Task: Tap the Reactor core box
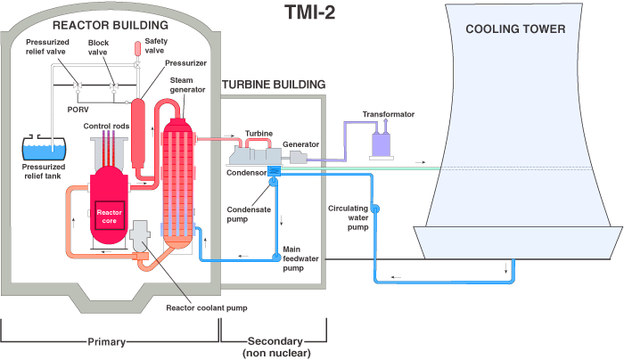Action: pyautogui.click(x=109, y=217)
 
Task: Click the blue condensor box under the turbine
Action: pyautogui.click(x=274, y=169)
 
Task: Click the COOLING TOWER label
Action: pyautogui.click(x=515, y=29)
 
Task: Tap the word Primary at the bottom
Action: pyautogui.click(x=111, y=340)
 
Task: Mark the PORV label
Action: pyautogui.click(x=79, y=110)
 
